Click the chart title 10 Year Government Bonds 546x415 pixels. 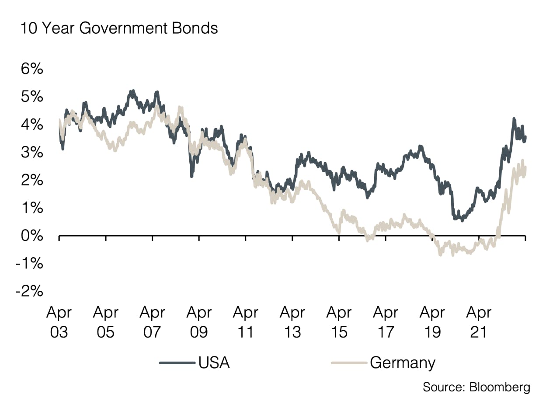(119, 28)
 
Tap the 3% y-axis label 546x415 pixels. (32, 153)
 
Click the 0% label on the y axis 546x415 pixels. (32, 236)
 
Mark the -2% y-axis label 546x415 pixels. (29, 292)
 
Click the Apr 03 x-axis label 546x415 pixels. (59, 322)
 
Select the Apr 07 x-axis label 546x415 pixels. (152, 322)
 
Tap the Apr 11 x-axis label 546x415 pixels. (245, 322)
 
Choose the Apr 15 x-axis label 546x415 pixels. (339, 322)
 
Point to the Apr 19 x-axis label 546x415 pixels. (432, 322)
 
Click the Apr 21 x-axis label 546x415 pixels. (479, 322)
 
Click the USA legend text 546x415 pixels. (214, 363)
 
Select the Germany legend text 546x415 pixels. (402, 363)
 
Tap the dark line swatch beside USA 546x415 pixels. (177, 363)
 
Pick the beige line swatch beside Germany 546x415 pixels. (349, 363)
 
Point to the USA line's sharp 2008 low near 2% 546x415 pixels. (191, 176)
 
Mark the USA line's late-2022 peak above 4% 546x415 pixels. (514, 119)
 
